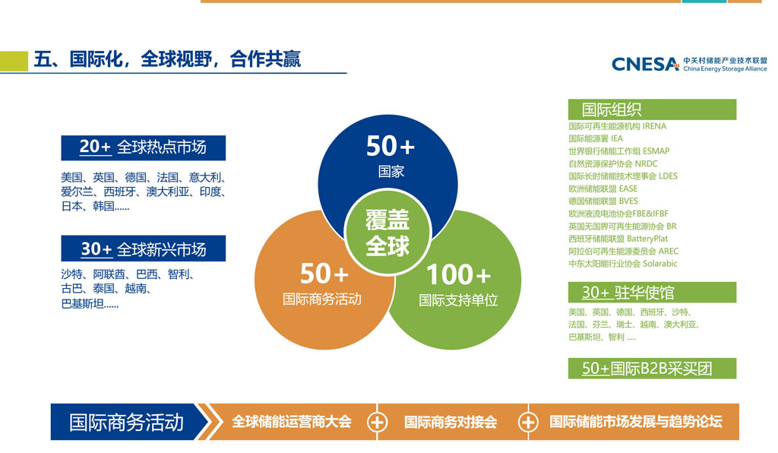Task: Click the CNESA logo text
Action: pos(645,64)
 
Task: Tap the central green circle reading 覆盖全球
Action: pos(387,233)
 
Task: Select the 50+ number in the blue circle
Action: pos(391,146)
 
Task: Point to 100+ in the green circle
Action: pos(458,274)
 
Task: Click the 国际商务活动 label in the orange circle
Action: pos(322,299)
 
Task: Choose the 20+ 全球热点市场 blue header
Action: pos(144,148)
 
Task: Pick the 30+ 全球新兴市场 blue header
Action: pos(144,249)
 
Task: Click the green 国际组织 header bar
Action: pos(652,109)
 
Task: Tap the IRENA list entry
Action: pos(617,126)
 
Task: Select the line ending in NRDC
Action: pos(613,163)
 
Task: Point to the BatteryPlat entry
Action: pos(618,239)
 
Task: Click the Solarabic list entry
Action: pos(623,264)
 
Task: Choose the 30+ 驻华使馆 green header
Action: pos(652,293)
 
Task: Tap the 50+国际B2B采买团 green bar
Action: pos(652,368)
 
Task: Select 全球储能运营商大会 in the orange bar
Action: pos(292,422)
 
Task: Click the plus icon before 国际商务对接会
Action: pos(377,423)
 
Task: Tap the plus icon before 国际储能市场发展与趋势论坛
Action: pos(527,423)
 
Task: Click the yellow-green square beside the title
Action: pos(14,62)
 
